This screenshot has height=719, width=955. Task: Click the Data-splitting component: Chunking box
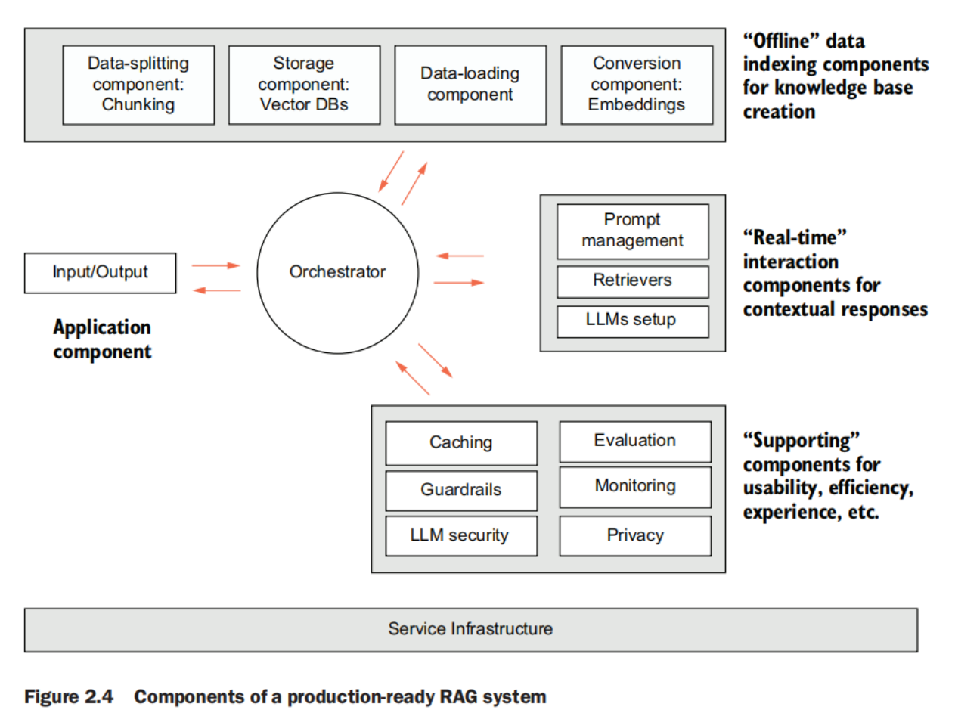[138, 84]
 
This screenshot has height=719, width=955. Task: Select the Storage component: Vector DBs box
[303, 84]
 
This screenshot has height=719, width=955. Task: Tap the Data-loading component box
[470, 84]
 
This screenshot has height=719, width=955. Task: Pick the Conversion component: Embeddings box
[636, 84]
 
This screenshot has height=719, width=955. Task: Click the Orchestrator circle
[337, 272]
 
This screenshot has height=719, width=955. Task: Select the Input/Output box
[101, 272]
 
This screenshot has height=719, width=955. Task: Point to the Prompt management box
[632, 231]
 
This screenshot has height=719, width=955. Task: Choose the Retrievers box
[632, 281]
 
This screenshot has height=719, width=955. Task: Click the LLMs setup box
[632, 321]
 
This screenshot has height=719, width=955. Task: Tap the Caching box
[460, 443]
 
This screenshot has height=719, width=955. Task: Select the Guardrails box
[460, 490]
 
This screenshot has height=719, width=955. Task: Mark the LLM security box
[460, 536]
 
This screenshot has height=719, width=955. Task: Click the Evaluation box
[634, 441]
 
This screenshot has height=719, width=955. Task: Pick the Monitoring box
[634, 486]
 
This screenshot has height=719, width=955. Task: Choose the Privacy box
[634, 536]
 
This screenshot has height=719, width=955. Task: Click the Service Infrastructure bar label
[470, 628]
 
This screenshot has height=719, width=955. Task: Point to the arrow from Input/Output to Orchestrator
[215, 265]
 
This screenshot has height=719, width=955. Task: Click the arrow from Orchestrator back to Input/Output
[217, 290]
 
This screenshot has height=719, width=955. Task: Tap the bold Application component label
[102, 339]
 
